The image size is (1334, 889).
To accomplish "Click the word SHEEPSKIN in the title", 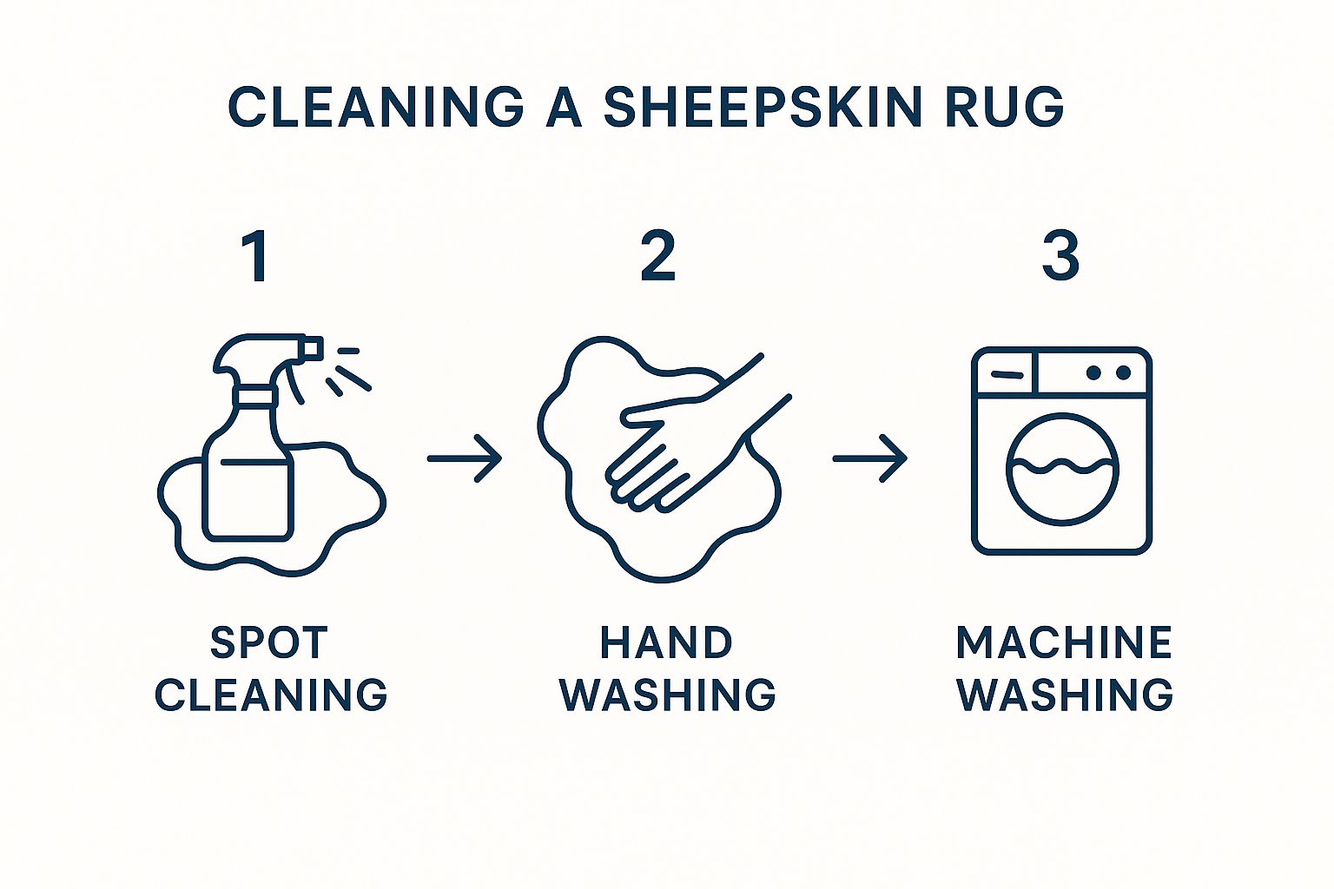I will tap(762, 107).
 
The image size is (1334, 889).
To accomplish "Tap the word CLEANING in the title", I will tap(375, 107).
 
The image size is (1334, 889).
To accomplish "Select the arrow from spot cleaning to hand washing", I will tap(465, 458).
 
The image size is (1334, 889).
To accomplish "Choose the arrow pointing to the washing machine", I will tap(869, 458).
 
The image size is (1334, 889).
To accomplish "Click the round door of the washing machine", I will tap(1062, 469).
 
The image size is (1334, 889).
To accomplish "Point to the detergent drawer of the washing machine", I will tap(1006, 372).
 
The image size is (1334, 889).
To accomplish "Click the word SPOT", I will tap(269, 643).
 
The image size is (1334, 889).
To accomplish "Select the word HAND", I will tap(666, 643).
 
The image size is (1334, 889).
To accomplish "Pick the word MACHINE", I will tap(1064, 643).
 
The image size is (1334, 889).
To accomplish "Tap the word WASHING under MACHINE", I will tap(1065, 695).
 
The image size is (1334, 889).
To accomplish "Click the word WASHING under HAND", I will tap(667, 695).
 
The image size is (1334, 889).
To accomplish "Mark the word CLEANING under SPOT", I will tap(271, 695).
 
